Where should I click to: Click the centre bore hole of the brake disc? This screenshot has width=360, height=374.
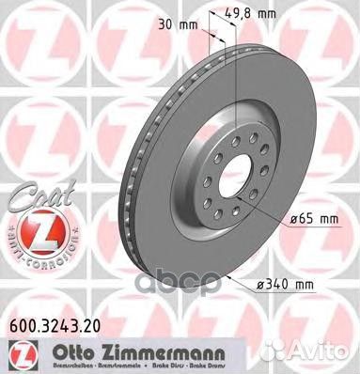[x=229, y=185]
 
